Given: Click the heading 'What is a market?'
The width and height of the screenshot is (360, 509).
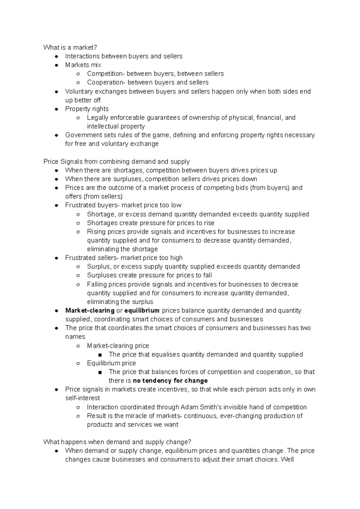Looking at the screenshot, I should (x=70, y=47).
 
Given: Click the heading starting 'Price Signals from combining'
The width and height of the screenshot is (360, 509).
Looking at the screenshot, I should (x=116, y=162).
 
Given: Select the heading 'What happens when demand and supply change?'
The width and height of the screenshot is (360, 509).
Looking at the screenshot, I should (x=117, y=442).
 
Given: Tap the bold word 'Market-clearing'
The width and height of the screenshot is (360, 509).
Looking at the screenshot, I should (x=90, y=311).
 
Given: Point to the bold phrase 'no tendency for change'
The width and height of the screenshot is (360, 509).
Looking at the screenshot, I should (x=170, y=381).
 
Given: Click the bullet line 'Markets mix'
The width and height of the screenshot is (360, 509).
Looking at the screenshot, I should (x=83, y=65).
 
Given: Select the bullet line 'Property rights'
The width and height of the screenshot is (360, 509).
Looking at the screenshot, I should (x=87, y=109).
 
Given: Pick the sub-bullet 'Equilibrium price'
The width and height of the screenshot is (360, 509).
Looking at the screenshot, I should (x=111, y=363).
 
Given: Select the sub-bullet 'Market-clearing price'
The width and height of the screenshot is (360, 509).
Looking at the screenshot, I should (x=118, y=346).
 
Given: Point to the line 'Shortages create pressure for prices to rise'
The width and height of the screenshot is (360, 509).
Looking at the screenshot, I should (x=151, y=223).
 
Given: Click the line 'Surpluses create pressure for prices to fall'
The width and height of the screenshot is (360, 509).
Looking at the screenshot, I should (x=149, y=275).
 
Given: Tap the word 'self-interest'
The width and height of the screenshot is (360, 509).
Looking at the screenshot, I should (x=82, y=398).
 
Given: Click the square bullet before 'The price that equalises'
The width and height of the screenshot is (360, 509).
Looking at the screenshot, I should (x=100, y=355).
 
